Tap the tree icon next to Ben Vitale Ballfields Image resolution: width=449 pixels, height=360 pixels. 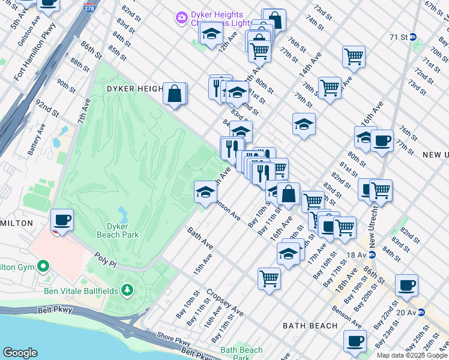click(127, 291)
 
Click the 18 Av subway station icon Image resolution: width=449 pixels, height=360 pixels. click(372, 254)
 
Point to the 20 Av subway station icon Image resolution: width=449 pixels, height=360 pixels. click(421, 312)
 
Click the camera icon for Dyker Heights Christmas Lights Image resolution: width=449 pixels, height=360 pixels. click(181, 18)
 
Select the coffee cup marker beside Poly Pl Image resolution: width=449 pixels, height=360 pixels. click(62, 220)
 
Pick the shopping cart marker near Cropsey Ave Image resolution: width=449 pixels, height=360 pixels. click(270, 278)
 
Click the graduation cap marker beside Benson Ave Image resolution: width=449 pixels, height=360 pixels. click(205, 192)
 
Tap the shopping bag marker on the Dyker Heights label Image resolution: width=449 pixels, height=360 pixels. click(175, 94)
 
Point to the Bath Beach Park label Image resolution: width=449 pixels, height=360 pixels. click(241, 353)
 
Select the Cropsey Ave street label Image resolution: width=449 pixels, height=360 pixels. click(224, 303)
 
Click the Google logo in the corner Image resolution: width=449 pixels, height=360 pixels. click(20, 353)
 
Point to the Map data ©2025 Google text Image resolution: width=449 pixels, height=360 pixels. click(412, 355)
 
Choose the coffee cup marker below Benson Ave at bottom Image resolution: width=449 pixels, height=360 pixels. click(355, 341)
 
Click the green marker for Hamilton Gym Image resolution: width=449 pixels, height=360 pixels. click(43, 266)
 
